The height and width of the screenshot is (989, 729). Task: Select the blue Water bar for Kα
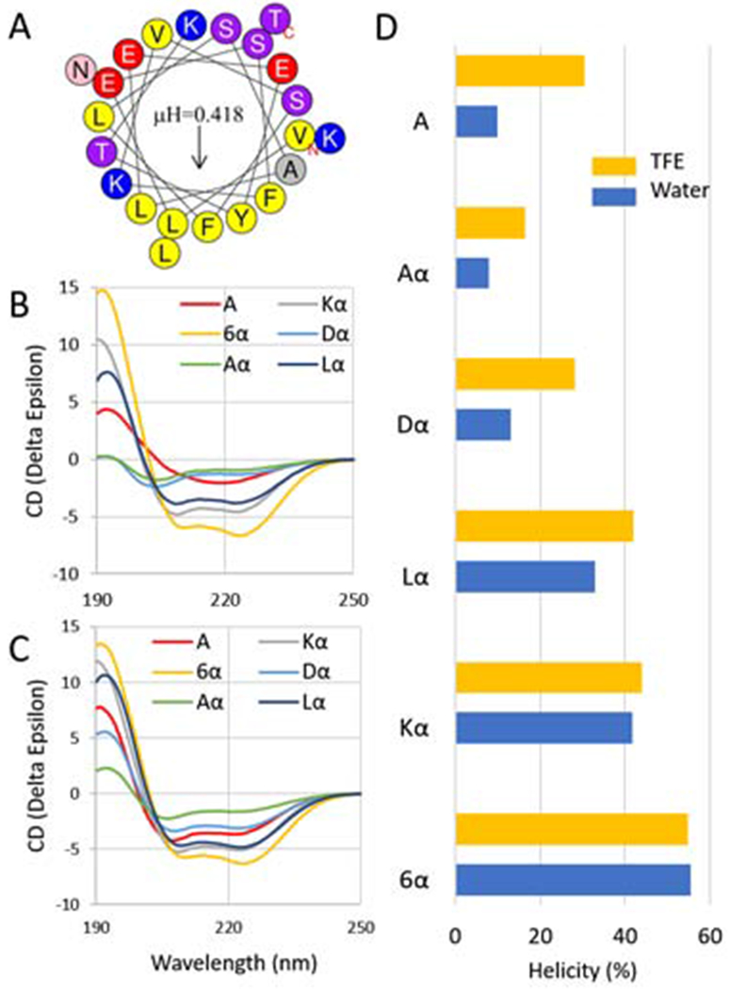(543, 728)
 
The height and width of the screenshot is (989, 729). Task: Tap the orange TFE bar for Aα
(490, 222)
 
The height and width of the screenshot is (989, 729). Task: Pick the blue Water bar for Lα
(525, 576)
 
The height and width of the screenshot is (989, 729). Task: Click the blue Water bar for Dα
(483, 425)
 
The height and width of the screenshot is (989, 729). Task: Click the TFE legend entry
(640, 166)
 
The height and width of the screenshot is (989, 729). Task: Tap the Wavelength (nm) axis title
(227, 962)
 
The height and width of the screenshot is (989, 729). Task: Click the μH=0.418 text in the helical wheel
(199, 116)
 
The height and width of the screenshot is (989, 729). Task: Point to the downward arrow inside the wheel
(199, 151)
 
